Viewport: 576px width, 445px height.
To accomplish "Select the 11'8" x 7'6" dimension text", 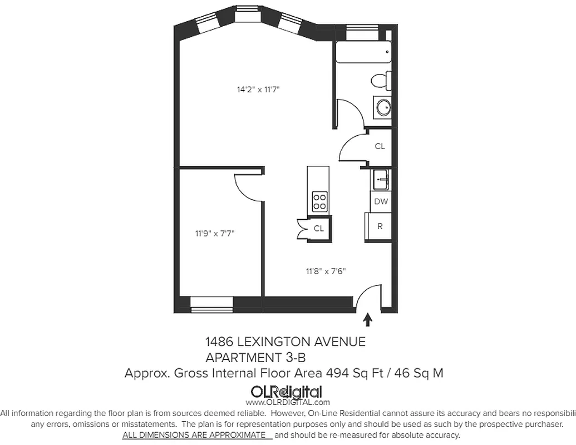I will pos(326,272).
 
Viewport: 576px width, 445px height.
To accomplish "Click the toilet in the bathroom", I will pos(380,81).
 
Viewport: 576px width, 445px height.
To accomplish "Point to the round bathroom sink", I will pos(383,107).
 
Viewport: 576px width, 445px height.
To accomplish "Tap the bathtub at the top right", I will pos(361,54).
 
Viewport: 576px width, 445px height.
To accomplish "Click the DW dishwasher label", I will pos(381,201).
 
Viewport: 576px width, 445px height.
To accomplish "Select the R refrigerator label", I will pos(380,226).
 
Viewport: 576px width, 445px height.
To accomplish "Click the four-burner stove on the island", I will pos(319,201).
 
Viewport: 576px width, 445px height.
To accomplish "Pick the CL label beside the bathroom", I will pos(380,146).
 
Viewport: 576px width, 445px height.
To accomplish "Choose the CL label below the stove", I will pos(318,228).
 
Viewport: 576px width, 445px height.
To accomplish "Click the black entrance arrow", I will pos(367,319).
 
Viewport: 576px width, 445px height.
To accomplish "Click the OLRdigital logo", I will pos(287,391).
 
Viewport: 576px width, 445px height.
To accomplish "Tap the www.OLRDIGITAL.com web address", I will pos(287,402).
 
